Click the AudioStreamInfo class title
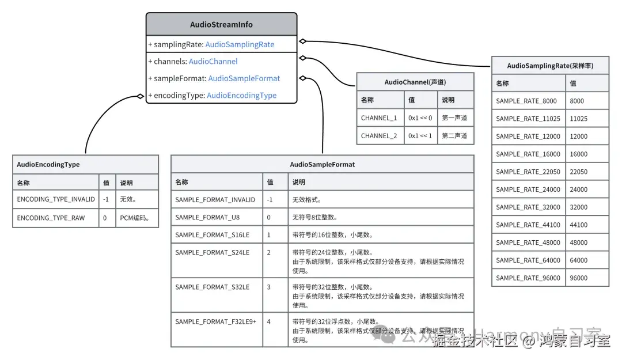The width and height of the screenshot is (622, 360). pyautogui.click(x=221, y=25)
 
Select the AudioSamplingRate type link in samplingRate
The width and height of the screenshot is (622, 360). pyautogui.click(x=240, y=44)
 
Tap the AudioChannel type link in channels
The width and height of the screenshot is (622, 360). pyautogui.click(x=213, y=62)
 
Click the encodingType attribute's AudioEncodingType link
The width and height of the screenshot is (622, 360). pyautogui.click(x=241, y=96)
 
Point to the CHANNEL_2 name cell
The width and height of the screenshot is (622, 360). pyautogui.click(x=379, y=136)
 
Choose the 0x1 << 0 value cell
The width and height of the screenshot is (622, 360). pyautogui.click(x=420, y=118)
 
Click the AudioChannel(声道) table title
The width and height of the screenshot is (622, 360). pyautogui.click(x=415, y=82)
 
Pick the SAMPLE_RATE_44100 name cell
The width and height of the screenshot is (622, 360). pyautogui.click(x=528, y=225)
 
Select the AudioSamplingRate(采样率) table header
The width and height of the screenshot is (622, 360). pyautogui.click(x=549, y=66)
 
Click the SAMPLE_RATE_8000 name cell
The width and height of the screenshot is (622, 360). pyautogui.click(x=526, y=101)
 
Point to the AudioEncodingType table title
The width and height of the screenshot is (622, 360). pyautogui.click(x=48, y=164)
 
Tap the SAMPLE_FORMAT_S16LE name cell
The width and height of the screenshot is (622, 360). pyautogui.click(x=212, y=235)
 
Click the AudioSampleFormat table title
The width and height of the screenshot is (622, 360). pyautogui.click(x=322, y=164)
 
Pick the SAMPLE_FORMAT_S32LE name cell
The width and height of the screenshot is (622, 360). pyautogui.click(x=212, y=287)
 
